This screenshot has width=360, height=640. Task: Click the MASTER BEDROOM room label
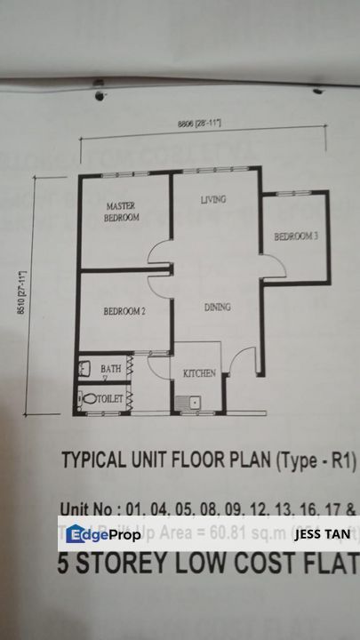pos(121,211)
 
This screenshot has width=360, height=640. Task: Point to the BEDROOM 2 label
pos(124,311)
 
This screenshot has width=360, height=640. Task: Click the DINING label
pos(218,308)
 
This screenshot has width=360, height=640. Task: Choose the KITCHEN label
pos(199,374)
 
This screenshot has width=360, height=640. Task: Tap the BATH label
pos(110,368)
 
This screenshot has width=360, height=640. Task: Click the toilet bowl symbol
pos(88,399)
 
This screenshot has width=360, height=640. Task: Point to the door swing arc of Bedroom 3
pos(273,260)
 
